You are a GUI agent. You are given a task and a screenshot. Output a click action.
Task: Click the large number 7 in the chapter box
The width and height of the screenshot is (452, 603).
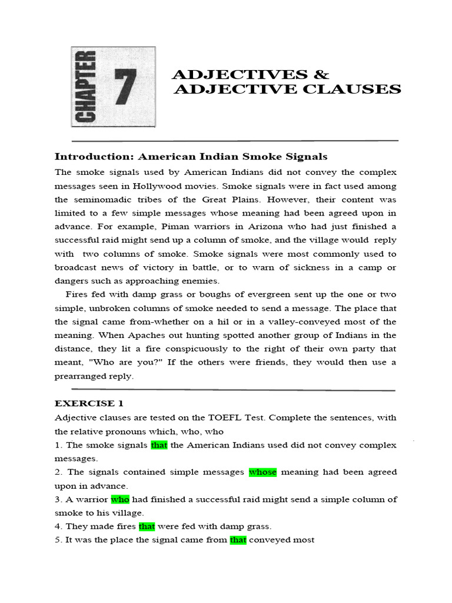[x=125, y=87]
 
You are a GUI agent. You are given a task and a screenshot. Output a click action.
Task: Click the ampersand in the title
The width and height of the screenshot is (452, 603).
[x=321, y=75]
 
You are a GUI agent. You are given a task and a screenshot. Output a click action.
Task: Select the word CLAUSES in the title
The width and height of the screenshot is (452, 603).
[x=354, y=90]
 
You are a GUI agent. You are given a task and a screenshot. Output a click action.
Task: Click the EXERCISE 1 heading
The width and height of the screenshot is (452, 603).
[x=85, y=403]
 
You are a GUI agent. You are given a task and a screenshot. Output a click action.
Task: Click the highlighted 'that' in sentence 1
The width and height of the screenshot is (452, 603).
[x=159, y=445]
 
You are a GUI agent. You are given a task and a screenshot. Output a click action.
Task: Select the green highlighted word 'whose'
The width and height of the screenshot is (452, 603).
[x=262, y=472]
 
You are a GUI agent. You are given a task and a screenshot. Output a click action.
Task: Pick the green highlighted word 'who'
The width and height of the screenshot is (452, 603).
[x=120, y=499]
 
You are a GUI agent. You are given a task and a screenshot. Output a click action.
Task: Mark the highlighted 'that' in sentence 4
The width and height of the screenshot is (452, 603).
[x=147, y=526]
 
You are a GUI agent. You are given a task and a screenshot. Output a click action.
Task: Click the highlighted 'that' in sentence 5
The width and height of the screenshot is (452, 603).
[x=238, y=540]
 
